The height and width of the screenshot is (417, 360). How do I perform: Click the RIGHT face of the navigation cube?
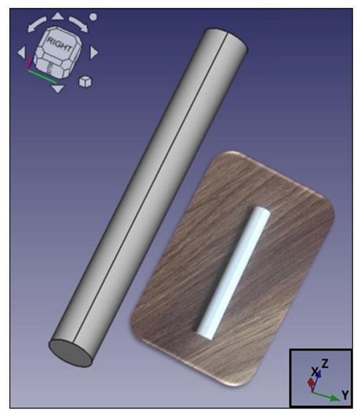coord(60,44)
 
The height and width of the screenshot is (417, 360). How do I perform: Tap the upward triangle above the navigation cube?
coord(57,16)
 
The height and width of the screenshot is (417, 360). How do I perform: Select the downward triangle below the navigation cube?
coord(58,89)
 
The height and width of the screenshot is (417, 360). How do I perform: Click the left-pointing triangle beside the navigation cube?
coord(22,52)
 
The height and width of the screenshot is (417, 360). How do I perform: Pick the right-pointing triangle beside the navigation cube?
coord(94,52)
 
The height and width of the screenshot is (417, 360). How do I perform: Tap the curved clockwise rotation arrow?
coord(79,24)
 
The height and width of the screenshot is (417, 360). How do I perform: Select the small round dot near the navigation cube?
coord(93,17)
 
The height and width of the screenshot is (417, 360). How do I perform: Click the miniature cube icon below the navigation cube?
coord(85,82)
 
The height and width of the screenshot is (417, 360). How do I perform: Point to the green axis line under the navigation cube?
coord(42,77)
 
